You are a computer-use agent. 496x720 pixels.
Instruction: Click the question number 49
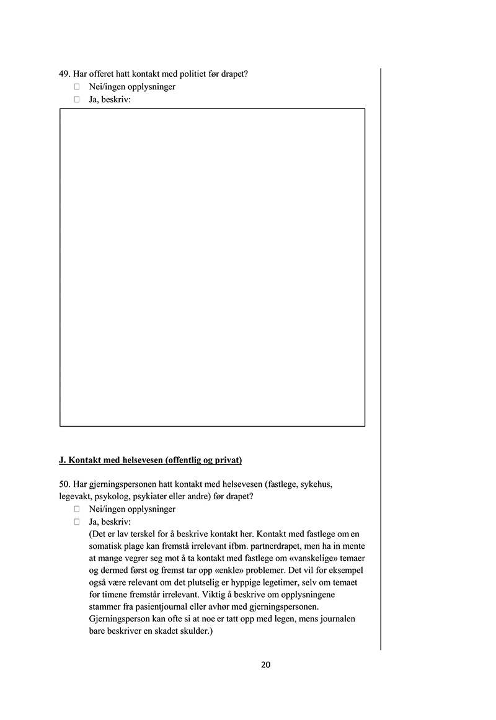click(63, 74)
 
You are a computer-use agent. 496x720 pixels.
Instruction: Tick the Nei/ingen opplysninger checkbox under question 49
click(77, 87)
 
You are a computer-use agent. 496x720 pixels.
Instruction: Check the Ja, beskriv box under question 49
click(77, 99)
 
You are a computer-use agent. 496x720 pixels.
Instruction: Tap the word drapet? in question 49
click(232, 74)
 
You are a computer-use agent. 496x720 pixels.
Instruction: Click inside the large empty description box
click(212, 267)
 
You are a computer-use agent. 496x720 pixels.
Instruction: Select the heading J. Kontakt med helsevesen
click(150, 460)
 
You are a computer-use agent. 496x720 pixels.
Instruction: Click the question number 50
click(63, 484)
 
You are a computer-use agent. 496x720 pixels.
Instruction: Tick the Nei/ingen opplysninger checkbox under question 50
click(77, 509)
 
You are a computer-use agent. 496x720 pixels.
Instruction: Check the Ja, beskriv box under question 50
click(77, 522)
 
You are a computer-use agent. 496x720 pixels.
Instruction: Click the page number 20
click(265, 665)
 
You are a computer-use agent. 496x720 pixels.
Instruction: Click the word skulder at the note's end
click(197, 631)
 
